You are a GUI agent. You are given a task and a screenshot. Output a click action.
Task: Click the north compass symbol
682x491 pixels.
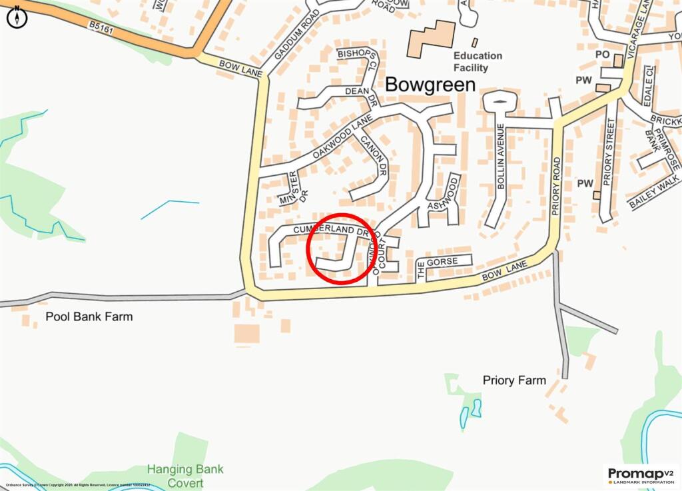click(x=17, y=17)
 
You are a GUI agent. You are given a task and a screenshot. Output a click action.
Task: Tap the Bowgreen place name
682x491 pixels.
click(x=430, y=85)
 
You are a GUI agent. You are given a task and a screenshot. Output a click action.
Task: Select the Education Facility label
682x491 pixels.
click(x=478, y=62)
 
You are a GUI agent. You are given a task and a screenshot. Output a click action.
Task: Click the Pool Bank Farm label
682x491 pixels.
click(x=89, y=316)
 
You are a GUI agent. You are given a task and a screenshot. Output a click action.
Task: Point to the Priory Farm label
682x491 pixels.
click(x=514, y=380)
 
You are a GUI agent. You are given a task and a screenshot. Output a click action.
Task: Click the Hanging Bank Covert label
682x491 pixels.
click(x=186, y=476)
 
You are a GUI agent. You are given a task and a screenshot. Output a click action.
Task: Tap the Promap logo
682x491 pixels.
click(x=641, y=476)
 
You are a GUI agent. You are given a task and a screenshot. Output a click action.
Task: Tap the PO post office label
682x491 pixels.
click(x=603, y=54)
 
